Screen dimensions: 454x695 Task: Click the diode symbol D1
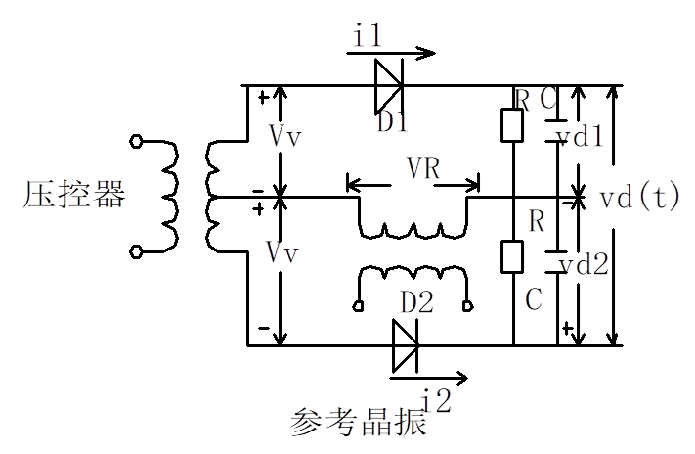(x=388, y=86)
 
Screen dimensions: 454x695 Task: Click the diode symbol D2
(x=404, y=345)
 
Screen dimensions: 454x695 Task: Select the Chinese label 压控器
(x=75, y=196)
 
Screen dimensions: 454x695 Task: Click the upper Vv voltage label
(x=283, y=138)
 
